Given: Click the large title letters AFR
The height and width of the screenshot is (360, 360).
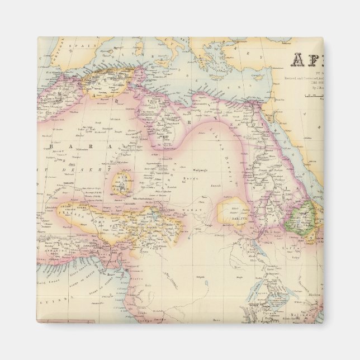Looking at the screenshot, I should pyautogui.click(x=306, y=60).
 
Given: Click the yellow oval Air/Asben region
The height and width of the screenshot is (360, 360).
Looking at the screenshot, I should pyautogui.click(x=121, y=182).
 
